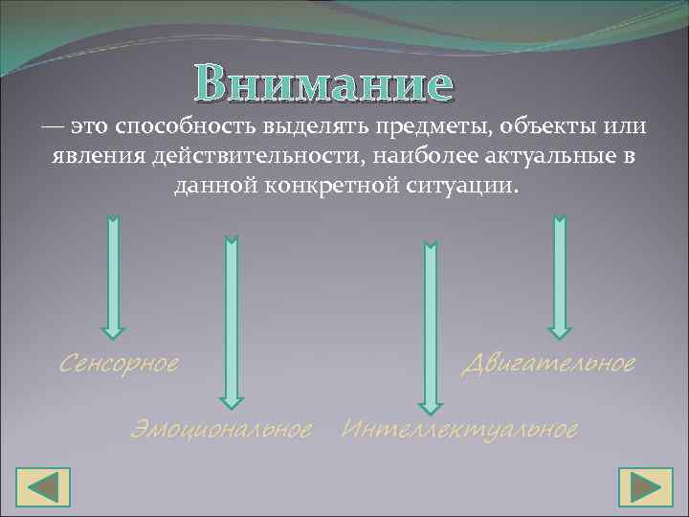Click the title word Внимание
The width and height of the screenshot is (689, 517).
(x=322, y=83)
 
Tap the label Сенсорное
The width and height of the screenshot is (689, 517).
(x=119, y=364)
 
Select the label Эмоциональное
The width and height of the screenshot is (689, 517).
(x=221, y=430)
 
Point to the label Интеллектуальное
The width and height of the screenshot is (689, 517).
(x=459, y=430)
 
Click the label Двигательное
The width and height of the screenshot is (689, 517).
(x=548, y=364)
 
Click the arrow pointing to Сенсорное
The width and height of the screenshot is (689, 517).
(x=113, y=278)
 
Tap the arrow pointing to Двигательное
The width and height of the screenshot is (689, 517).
(x=560, y=278)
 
